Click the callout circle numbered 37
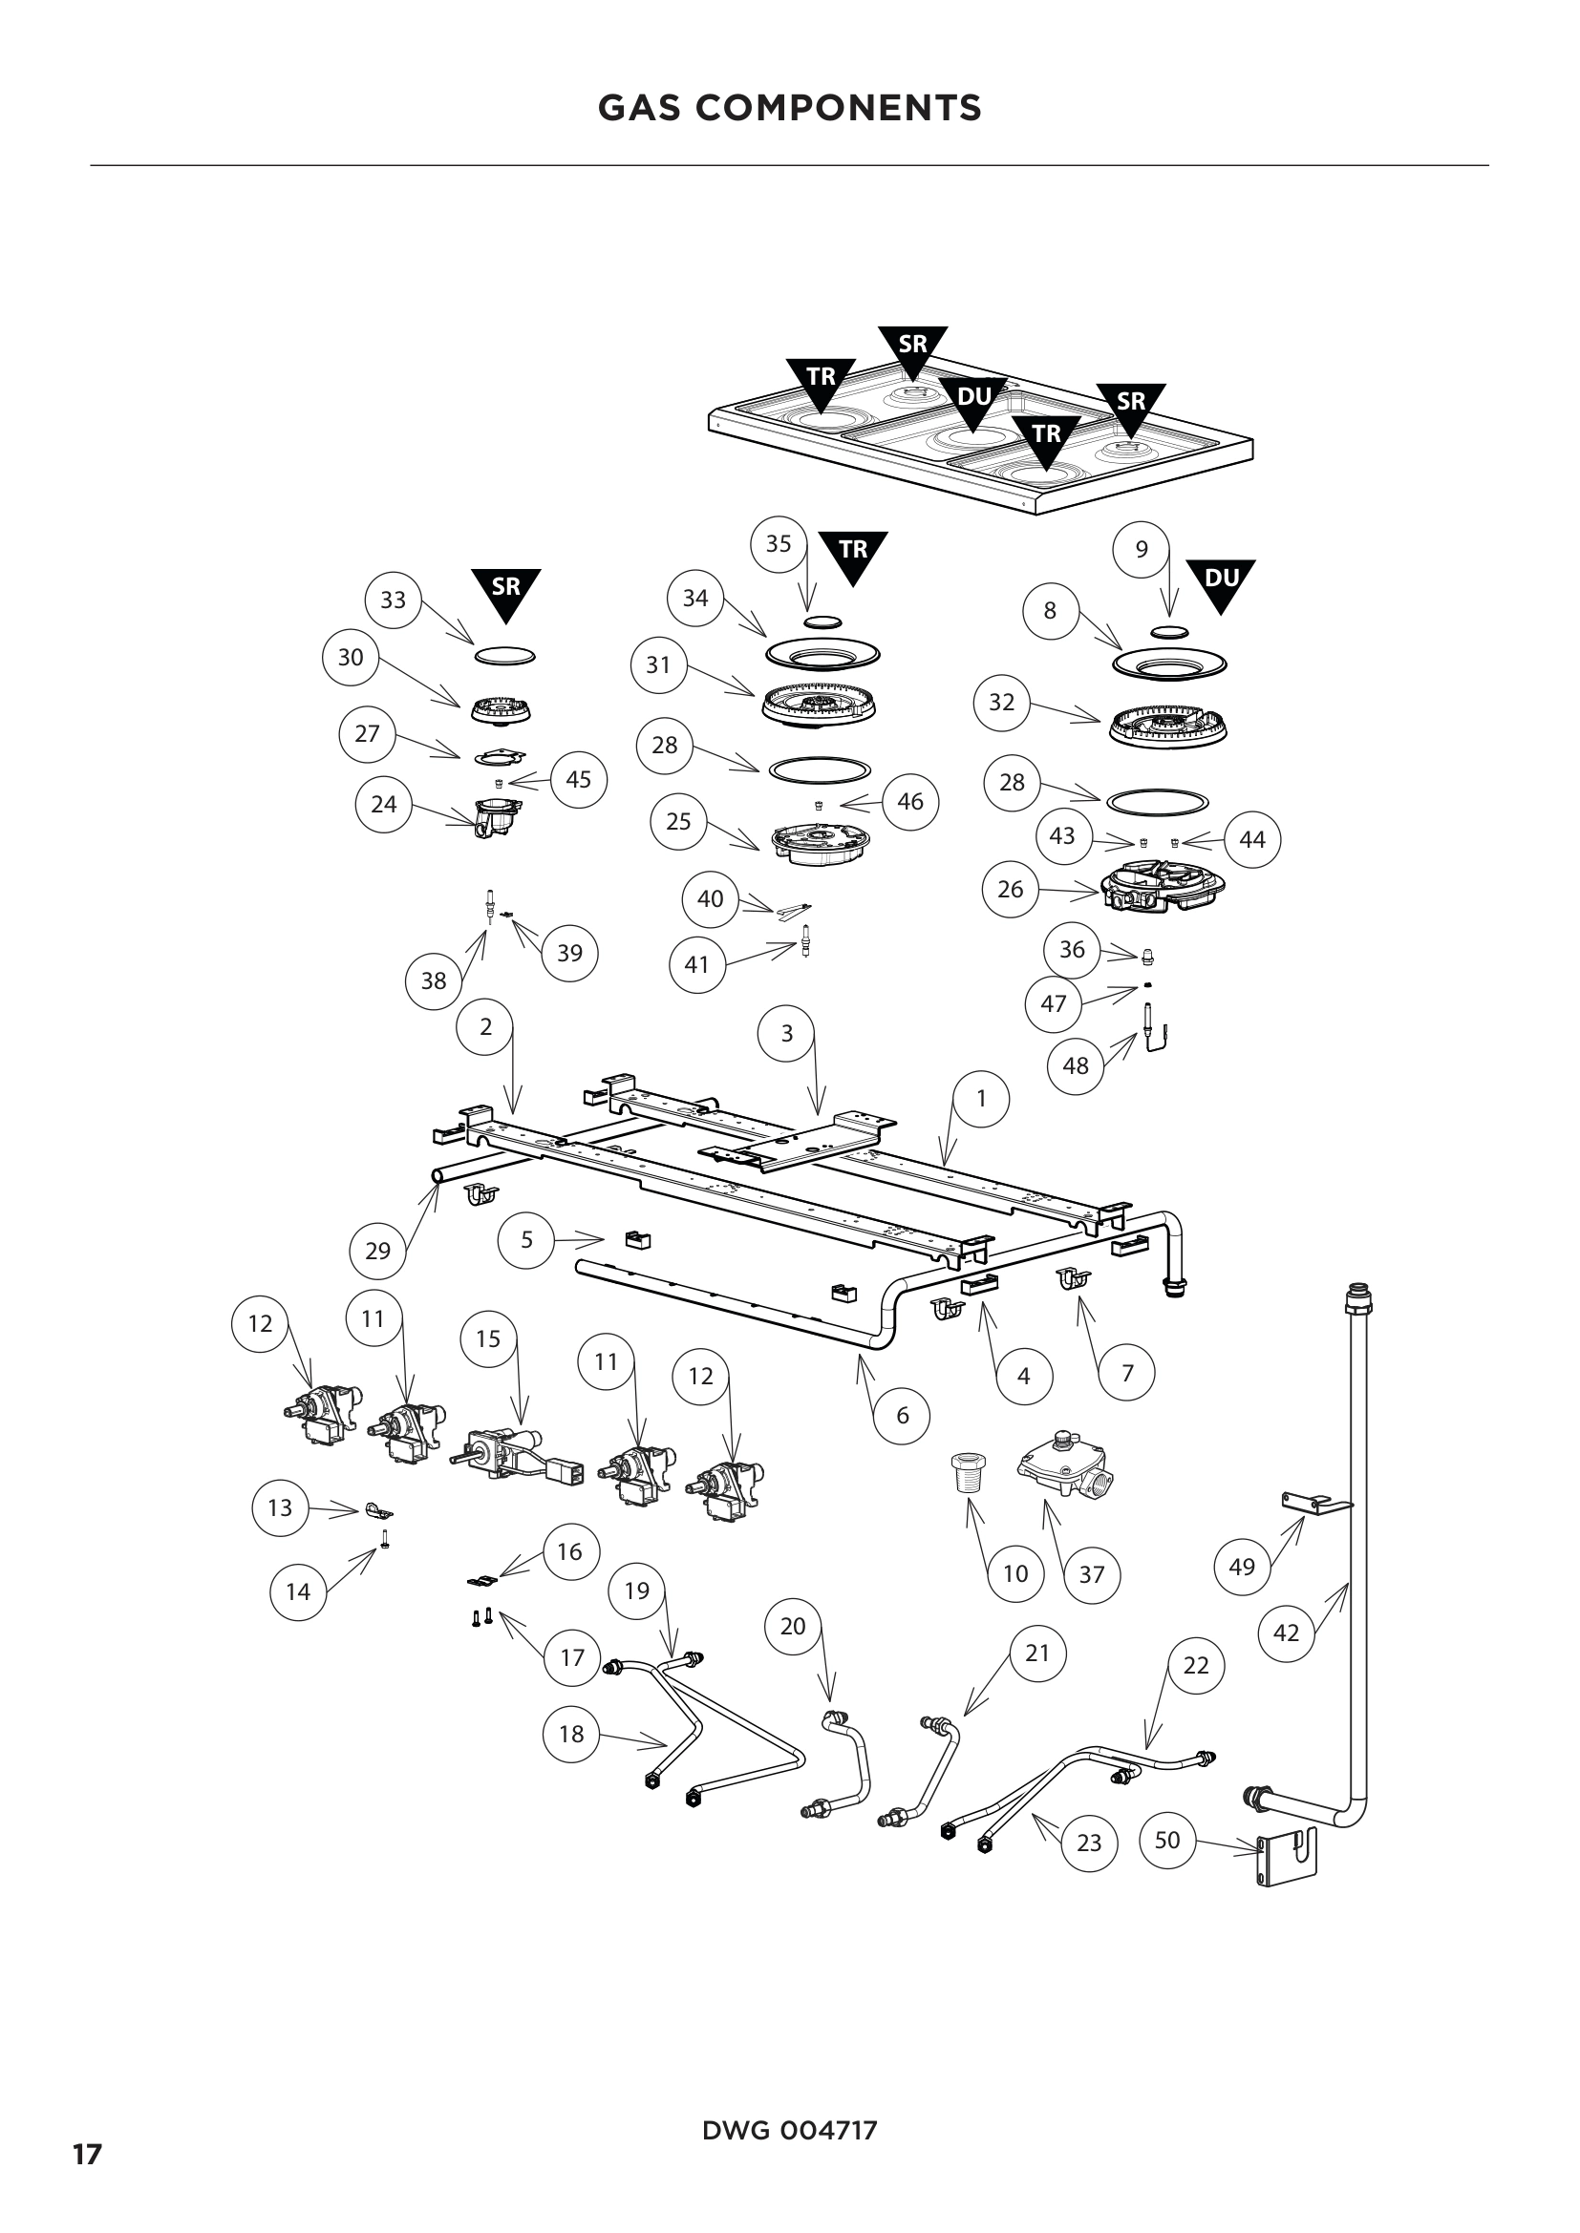click(1092, 1574)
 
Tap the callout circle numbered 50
click(1166, 1840)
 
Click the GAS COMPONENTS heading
click(789, 108)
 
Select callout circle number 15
click(488, 1339)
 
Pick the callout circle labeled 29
click(377, 1251)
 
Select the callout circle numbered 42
click(1286, 1633)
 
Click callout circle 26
click(1011, 888)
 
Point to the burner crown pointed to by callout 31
click(814, 704)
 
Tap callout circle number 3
click(787, 1033)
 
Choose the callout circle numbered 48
click(1075, 1066)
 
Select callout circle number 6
click(902, 1415)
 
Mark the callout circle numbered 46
click(909, 801)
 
